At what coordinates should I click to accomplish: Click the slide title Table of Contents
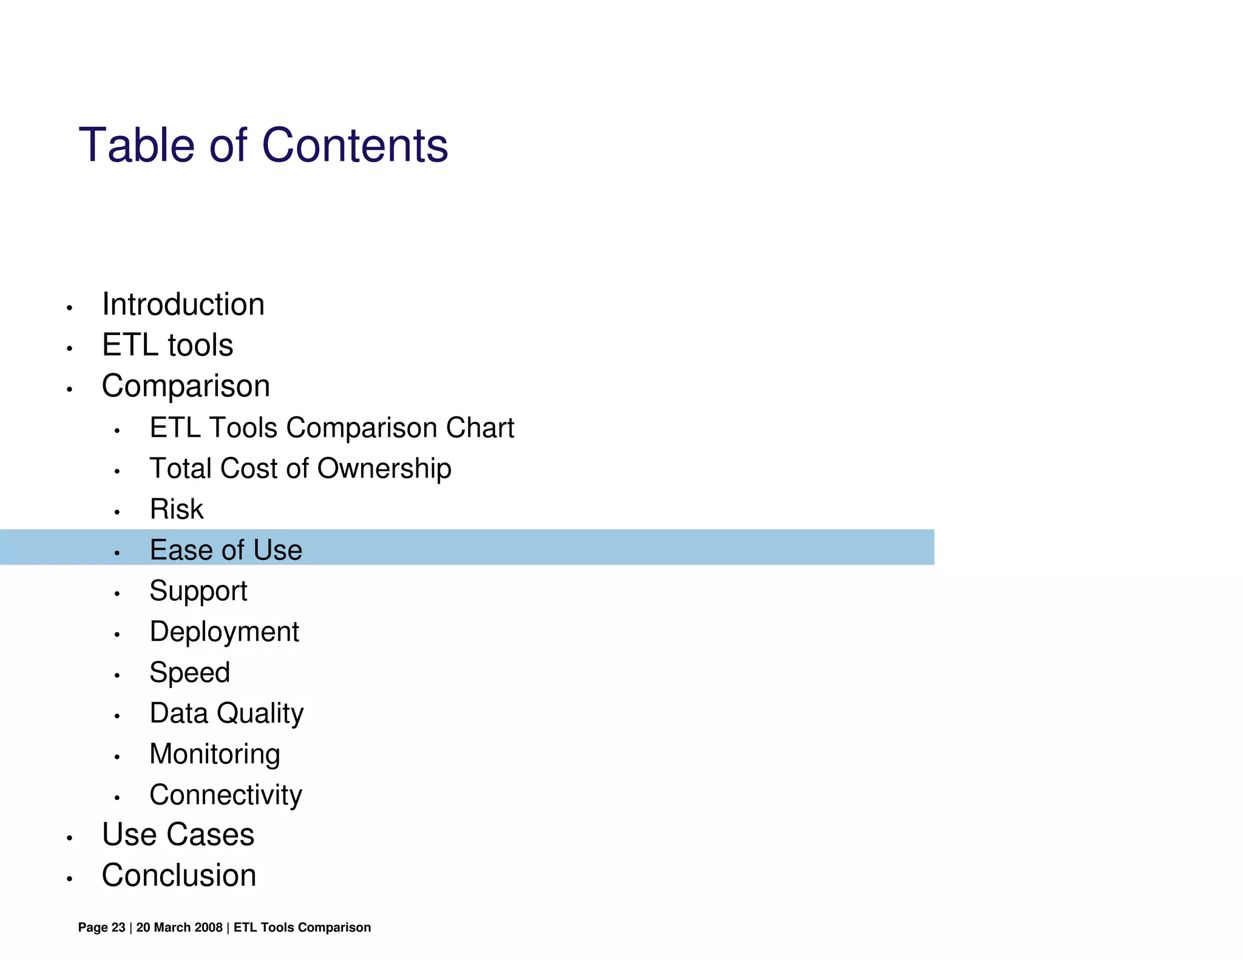[263, 146]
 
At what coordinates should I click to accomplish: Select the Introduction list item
[183, 304]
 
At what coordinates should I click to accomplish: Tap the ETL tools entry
[168, 345]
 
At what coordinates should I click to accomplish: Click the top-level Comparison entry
[186, 386]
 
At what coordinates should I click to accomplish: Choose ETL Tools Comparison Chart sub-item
[331, 428]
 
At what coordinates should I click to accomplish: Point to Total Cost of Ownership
[300, 468]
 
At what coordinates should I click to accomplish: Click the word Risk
[177, 509]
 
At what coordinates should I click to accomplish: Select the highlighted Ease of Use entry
[226, 550]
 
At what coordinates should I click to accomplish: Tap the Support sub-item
[198, 591]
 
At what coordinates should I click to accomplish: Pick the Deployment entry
[224, 632]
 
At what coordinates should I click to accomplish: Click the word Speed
[190, 672]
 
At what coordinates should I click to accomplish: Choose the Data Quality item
[226, 713]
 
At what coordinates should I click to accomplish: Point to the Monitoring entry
[215, 754]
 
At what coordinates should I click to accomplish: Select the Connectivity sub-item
[226, 795]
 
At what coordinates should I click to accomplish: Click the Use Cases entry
[178, 834]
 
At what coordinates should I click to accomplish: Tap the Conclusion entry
[179, 876]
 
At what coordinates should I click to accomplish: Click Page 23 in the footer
[101, 927]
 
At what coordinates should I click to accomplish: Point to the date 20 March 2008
[179, 927]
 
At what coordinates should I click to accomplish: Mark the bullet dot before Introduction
[70, 308]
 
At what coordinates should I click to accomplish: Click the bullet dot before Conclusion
[70, 879]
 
